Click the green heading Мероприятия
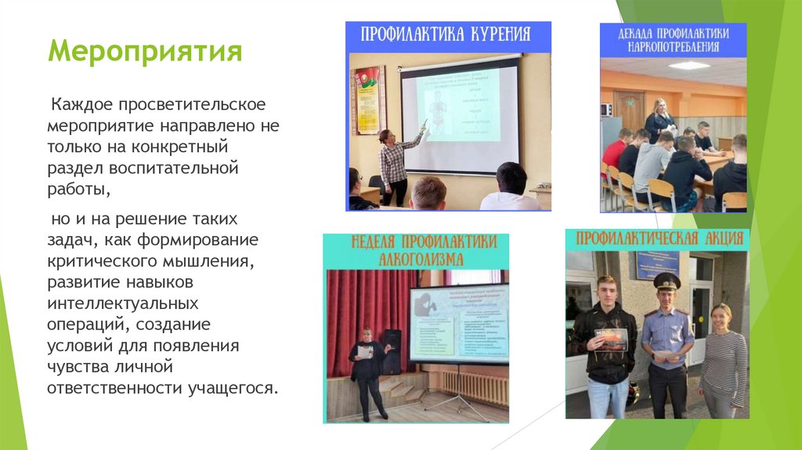pyautogui.click(x=145, y=53)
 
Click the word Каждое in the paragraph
pyautogui.click(x=76, y=104)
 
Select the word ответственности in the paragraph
pyautogui.click(x=114, y=387)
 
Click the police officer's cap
pyautogui.click(x=667, y=281)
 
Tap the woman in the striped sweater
pyautogui.click(x=721, y=357)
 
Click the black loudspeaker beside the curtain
pyautogui.click(x=392, y=351)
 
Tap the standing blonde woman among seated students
pyautogui.click(x=659, y=121)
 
